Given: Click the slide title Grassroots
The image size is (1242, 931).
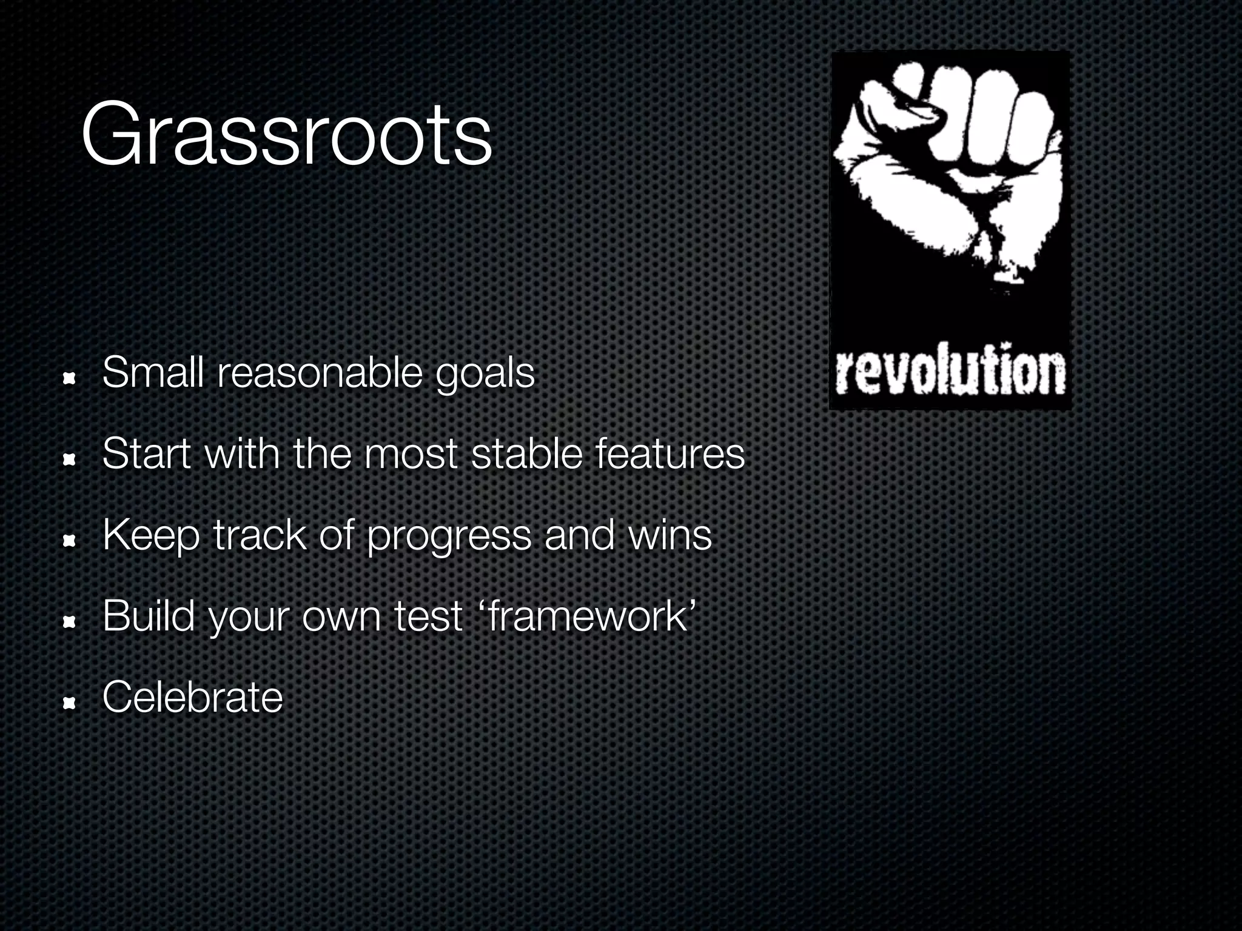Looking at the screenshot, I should (286, 135).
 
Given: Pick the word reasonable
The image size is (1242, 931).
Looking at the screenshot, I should (319, 373).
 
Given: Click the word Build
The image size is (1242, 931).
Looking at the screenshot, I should (149, 616).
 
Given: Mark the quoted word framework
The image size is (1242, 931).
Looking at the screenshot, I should (587, 616).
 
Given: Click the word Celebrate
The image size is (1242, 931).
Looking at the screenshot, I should (192, 697).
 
